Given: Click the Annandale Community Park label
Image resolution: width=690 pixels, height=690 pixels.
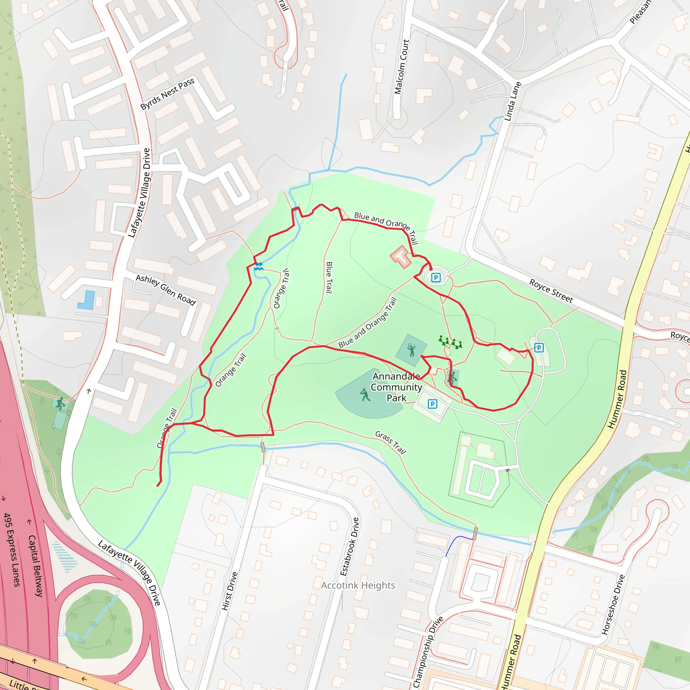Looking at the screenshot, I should click(396, 387).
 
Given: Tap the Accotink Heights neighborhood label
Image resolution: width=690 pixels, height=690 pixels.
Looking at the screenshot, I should click(358, 585).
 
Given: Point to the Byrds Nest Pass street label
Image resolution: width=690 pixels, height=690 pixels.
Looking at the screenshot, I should click(167, 94).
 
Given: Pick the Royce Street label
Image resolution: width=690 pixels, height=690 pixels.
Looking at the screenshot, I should click(551, 291).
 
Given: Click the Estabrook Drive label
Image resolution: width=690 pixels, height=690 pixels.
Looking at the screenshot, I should click(349, 546).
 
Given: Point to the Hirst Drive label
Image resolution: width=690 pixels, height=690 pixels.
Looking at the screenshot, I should click(229, 591).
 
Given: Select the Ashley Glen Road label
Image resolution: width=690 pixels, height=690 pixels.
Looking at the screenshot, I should click(166, 290).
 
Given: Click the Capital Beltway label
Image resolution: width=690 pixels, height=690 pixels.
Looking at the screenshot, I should click(35, 566).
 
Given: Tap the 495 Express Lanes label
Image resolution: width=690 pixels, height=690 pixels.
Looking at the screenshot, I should click(12, 550).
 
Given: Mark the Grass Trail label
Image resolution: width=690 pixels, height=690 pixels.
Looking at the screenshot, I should click(390, 442).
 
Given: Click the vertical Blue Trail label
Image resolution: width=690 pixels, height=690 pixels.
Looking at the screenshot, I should click(329, 278).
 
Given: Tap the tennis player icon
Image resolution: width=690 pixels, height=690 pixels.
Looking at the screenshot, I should click(411, 350).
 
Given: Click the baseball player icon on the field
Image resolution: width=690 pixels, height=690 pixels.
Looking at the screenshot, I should click(365, 395).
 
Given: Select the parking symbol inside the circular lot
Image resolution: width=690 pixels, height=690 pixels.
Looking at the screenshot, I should click(436, 277).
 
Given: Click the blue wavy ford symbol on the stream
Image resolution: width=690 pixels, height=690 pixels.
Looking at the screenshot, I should click(258, 266).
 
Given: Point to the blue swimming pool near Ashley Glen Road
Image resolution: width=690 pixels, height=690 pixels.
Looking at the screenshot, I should click(87, 300).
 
